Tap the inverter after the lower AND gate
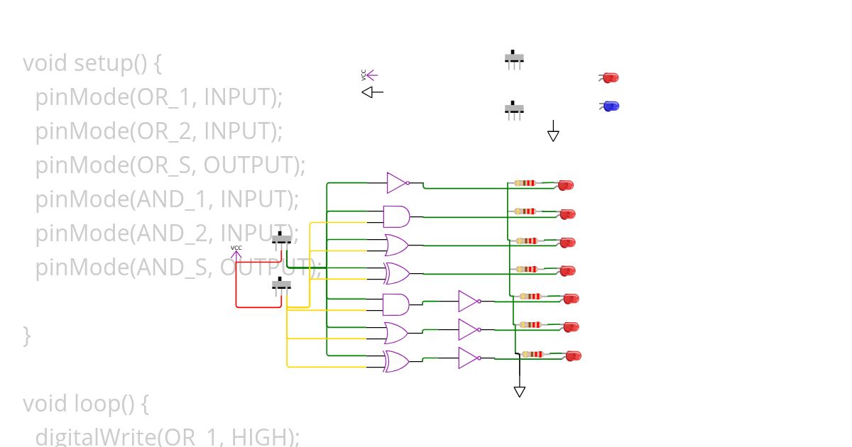pos(469,302)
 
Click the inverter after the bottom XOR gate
pos(469,358)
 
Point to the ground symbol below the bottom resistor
pos(519,391)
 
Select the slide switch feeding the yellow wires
pos(282,285)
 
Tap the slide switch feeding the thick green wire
pos(282,239)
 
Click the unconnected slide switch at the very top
pos(514,58)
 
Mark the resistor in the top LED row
pos(525,183)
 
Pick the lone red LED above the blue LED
pos(610,77)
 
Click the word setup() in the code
pos(111,63)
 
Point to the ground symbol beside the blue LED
pos(553,134)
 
